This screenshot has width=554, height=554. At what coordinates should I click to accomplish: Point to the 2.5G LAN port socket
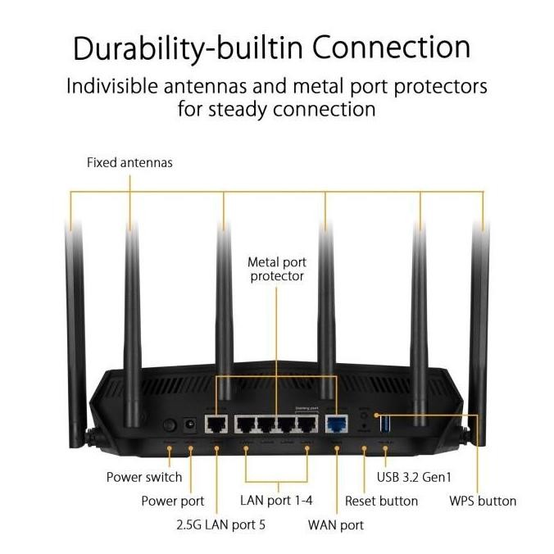tap(216, 425)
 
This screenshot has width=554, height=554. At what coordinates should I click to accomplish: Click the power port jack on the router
tap(190, 425)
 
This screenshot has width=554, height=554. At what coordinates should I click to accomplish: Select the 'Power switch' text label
tap(144, 476)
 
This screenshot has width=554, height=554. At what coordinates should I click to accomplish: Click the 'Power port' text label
tap(172, 501)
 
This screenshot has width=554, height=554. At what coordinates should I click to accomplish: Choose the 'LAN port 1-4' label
tap(277, 500)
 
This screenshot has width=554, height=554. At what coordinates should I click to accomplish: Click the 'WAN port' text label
tap(335, 524)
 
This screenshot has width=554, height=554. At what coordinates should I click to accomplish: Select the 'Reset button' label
tap(381, 500)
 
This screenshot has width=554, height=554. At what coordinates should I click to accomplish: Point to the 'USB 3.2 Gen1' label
tap(415, 476)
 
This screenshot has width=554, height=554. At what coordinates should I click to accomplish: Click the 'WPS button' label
tap(483, 500)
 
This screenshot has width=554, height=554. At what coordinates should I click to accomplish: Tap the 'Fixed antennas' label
tap(129, 162)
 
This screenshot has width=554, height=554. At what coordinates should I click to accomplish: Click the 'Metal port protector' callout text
tap(277, 269)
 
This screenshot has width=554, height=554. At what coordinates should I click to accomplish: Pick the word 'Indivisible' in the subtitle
tap(115, 86)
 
